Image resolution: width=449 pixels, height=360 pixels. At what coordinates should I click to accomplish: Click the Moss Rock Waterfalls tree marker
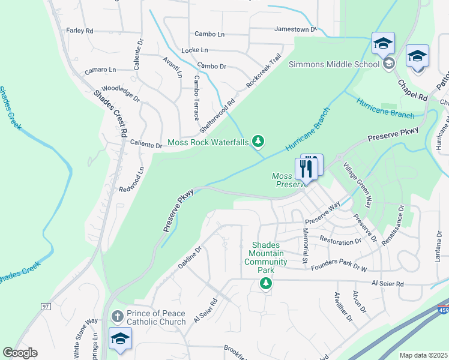(258, 142)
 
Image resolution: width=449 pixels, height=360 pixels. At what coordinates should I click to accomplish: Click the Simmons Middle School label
(334, 64)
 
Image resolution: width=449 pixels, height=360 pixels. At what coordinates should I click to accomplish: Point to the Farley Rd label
(80, 30)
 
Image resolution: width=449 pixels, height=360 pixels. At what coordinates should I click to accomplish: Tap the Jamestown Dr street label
(295, 29)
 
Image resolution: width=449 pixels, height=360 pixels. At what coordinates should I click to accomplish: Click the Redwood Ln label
(133, 179)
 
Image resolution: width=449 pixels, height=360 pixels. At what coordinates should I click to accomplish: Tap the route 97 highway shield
(46, 307)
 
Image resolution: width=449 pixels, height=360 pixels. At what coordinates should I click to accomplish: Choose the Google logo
(20, 353)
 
